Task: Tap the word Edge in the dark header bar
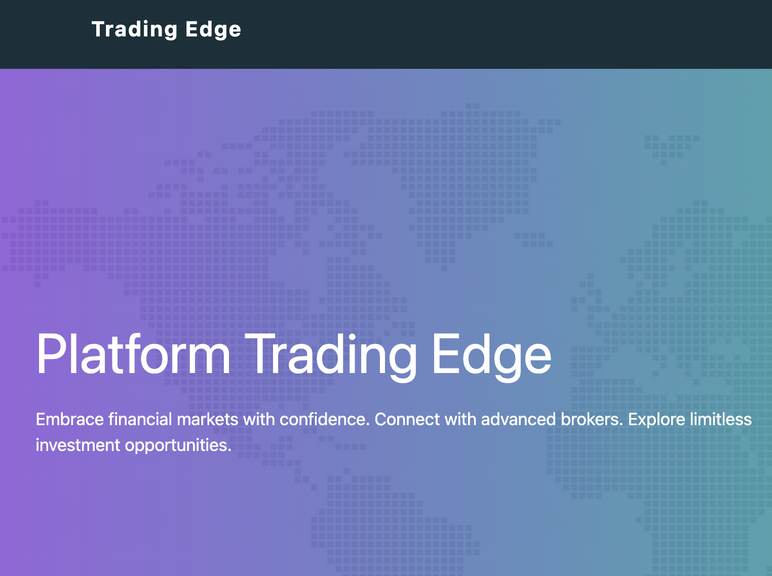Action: (213, 29)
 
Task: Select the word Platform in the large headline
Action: (133, 354)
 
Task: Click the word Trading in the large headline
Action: (334, 354)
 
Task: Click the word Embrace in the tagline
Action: (70, 420)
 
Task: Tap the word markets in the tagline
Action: (208, 420)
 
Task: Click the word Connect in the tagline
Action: (407, 420)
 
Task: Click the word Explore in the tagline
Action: (657, 420)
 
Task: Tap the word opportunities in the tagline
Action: (177, 445)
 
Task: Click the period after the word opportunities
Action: (229, 450)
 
